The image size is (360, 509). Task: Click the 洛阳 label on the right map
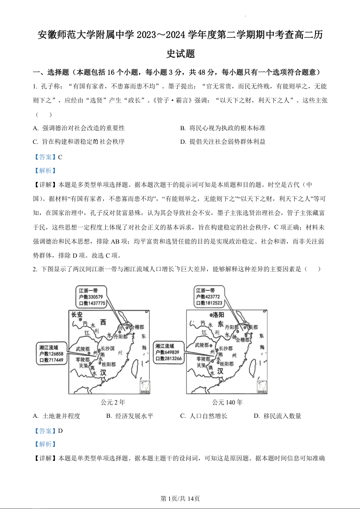click(x=217, y=314)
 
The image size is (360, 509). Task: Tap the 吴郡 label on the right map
click(x=252, y=327)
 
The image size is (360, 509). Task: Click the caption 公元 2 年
click(x=113, y=402)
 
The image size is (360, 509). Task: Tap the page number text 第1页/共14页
click(x=180, y=499)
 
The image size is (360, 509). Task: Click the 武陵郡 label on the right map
click(x=202, y=345)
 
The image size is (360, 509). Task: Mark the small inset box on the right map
click(x=262, y=386)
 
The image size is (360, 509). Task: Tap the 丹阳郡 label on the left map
click(x=121, y=337)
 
